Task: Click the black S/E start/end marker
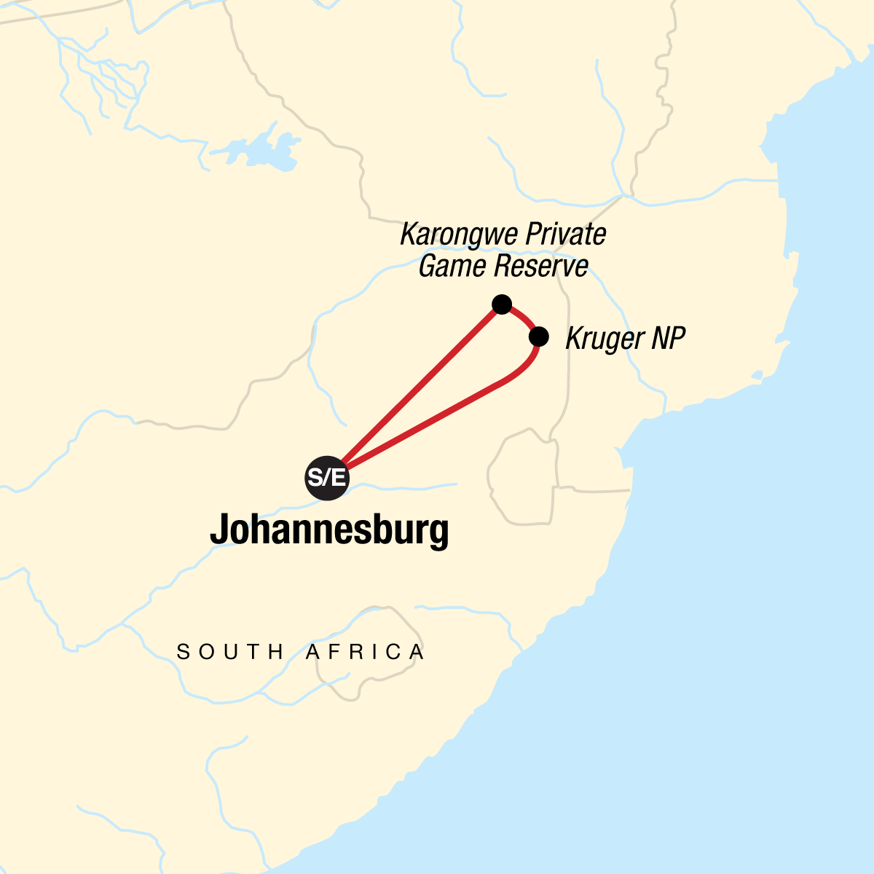click(327, 479)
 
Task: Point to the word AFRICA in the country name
click(365, 652)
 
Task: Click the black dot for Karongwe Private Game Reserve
click(501, 304)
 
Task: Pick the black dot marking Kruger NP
click(538, 336)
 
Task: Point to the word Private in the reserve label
click(565, 235)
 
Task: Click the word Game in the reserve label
click(452, 266)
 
